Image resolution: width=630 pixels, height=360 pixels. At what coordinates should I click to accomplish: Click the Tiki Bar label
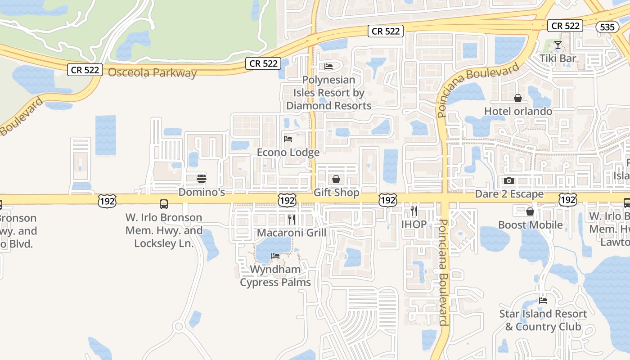pyautogui.click(x=558, y=58)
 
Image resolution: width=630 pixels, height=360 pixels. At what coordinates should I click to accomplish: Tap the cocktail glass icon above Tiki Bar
pyautogui.click(x=558, y=45)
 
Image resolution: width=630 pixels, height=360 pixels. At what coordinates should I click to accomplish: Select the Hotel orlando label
pyautogui.click(x=518, y=111)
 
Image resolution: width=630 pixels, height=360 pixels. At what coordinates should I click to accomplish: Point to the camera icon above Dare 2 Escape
pyautogui.click(x=509, y=180)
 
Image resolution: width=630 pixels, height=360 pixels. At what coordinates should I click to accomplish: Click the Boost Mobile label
pyautogui.click(x=530, y=225)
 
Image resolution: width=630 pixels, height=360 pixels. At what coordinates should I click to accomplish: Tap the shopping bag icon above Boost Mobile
pyautogui.click(x=530, y=211)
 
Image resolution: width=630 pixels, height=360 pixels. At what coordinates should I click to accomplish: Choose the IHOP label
pyautogui.click(x=414, y=224)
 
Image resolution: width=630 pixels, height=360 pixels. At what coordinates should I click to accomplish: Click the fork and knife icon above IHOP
pyautogui.click(x=414, y=210)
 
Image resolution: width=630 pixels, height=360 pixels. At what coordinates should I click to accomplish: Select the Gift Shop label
pyautogui.click(x=336, y=193)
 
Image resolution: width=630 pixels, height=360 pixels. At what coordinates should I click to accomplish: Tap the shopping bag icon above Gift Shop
pyautogui.click(x=336, y=179)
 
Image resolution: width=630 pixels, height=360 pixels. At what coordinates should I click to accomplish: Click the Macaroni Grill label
pyautogui.click(x=291, y=233)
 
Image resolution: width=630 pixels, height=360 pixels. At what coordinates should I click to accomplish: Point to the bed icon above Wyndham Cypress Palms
pyautogui.click(x=275, y=256)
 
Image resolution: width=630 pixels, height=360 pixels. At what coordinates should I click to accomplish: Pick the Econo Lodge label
pyautogui.click(x=288, y=153)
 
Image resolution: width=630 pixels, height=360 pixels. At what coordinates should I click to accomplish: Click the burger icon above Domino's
pyautogui.click(x=202, y=178)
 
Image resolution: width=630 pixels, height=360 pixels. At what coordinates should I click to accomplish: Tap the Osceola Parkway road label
pyautogui.click(x=153, y=72)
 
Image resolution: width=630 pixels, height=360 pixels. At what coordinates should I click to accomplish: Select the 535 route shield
pyautogui.click(x=607, y=27)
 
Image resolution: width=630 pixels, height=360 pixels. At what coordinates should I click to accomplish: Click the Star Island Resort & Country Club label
pyautogui.click(x=543, y=320)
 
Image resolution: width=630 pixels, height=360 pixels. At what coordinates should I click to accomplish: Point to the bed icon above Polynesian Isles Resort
pyautogui.click(x=328, y=67)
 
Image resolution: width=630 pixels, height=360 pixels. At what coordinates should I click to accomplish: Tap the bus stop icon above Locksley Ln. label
pyautogui.click(x=164, y=204)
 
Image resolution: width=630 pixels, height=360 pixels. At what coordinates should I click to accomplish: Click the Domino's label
pyautogui.click(x=202, y=193)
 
